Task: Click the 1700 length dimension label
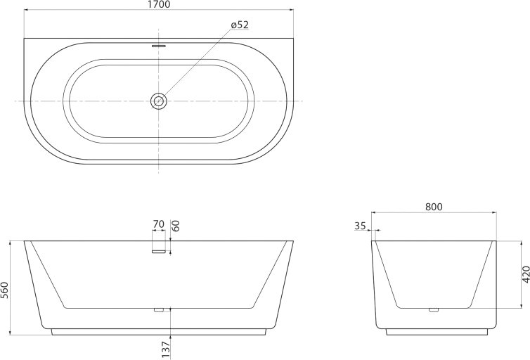click(x=159, y=4)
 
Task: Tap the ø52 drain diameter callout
click(x=240, y=25)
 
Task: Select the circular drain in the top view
click(x=159, y=101)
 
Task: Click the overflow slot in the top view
click(x=159, y=45)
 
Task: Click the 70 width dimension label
click(x=159, y=224)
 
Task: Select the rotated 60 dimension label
click(x=176, y=226)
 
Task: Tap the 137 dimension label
click(x=166, y=349)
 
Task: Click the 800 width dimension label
click(x=434, y=207)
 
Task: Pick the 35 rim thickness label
click(x=361, y=226)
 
